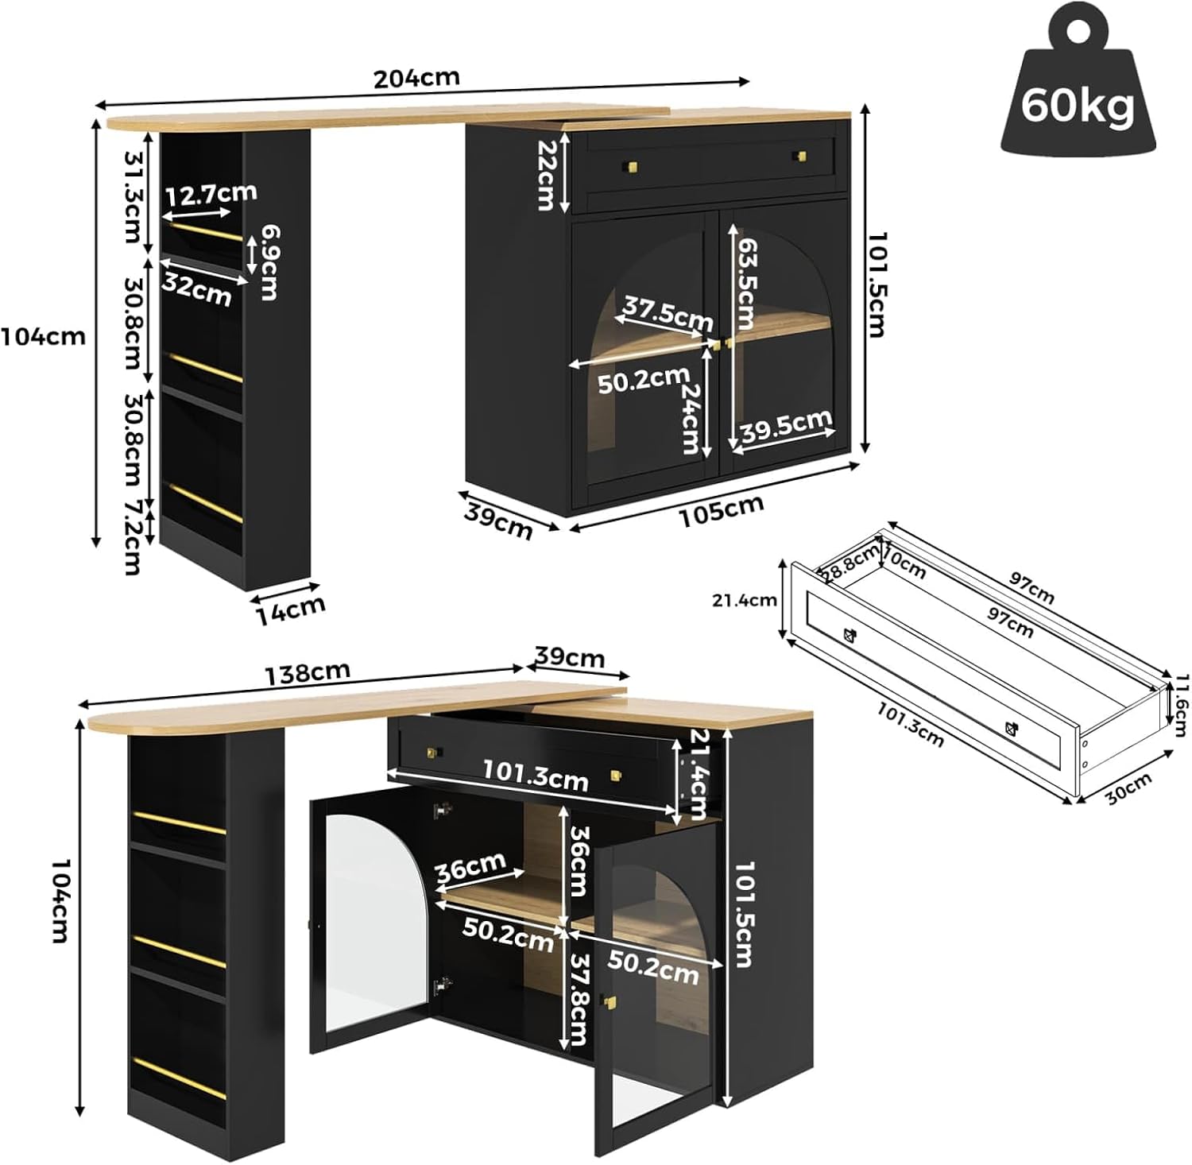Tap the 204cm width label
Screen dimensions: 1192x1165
pos(416,78)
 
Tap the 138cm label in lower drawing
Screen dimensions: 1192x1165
pos(307,673)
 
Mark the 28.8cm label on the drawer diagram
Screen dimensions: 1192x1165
pos(849,562)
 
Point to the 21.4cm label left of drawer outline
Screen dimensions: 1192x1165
pos(745,600)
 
